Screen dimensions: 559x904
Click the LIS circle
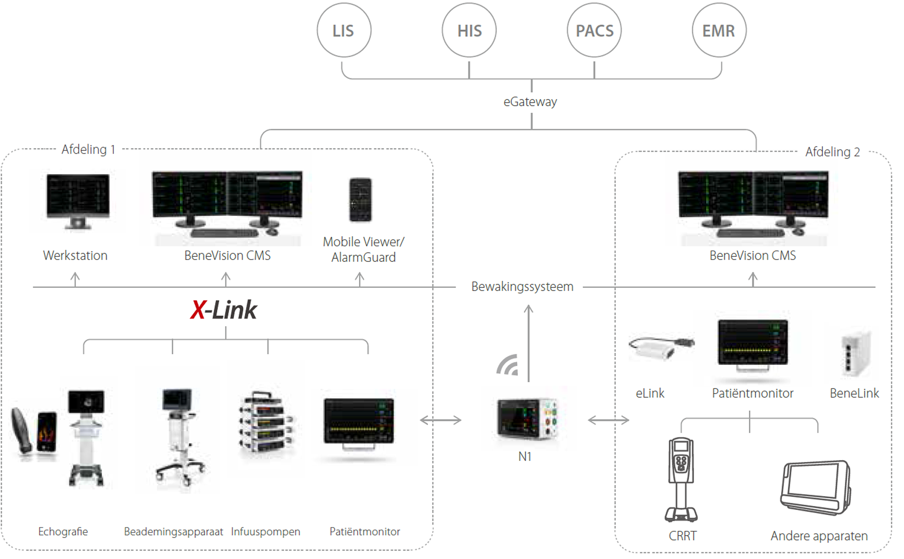(344, 31)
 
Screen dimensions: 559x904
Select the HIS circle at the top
(469, 31)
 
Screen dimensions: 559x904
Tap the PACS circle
(594, 31)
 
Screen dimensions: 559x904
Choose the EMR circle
(719, 31)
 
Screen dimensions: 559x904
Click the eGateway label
(530, 102)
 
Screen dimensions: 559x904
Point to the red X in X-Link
(197, 310)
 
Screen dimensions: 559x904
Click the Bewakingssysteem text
(522, 286)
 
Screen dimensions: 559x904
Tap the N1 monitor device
(526, 419)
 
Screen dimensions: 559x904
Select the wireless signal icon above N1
(508, 365)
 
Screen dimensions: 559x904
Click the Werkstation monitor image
(78, 201)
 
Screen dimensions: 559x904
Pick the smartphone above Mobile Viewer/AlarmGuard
(360, 200)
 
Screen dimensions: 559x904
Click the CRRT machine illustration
(681, 479)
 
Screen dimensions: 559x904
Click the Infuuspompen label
(265, 531)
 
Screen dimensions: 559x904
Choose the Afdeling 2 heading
(832, 152)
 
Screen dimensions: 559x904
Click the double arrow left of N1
(440, 420)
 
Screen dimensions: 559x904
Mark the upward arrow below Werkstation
(75, 279)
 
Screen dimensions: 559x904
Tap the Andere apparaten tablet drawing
(815, 487)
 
